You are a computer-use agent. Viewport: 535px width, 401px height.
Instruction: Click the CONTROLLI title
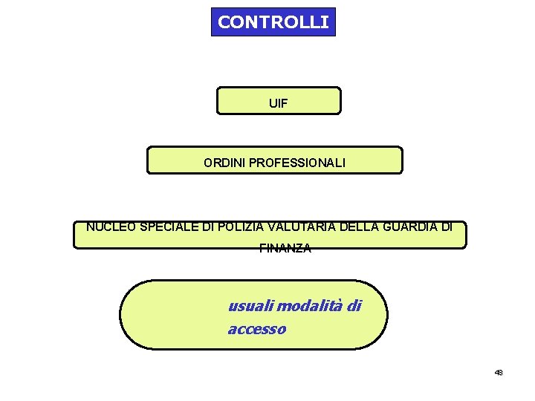(273, 22)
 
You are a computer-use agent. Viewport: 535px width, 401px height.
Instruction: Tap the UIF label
(278, 105)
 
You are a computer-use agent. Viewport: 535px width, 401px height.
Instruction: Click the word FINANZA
(285, 250)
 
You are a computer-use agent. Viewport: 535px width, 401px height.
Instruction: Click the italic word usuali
(249, 305)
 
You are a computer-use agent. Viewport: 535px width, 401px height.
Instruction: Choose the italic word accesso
(256, 329)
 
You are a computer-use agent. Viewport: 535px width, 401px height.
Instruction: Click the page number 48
(499, 372)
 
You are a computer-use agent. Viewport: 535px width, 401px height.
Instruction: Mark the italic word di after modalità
(354, 305)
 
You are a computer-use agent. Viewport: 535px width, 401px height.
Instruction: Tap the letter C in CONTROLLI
(224, 22)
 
